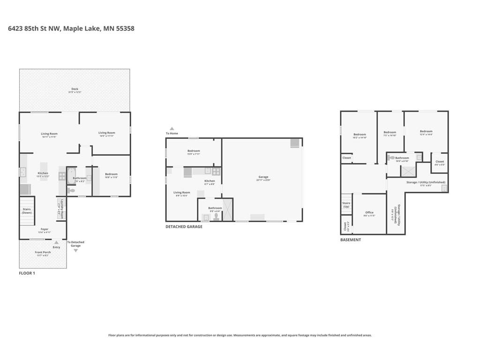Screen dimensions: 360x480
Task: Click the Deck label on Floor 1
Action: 75,89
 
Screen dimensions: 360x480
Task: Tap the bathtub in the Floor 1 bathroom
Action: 70,178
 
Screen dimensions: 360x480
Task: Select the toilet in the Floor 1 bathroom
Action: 71,190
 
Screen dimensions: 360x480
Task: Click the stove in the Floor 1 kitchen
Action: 62,176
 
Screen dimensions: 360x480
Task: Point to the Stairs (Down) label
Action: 27,211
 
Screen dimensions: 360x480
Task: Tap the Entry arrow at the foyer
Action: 56,242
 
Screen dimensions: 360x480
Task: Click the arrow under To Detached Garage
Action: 75,251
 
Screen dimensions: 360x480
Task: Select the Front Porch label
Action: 43,253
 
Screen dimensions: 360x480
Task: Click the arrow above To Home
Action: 172,128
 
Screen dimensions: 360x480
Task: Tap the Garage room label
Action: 263,177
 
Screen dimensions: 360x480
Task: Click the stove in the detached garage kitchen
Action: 216,171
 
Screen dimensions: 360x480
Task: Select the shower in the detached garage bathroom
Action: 227,210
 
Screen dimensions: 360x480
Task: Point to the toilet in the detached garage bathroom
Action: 216,217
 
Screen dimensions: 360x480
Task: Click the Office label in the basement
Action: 369,212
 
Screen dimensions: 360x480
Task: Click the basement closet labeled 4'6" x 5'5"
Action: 439,162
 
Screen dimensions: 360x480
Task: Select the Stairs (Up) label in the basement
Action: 346,205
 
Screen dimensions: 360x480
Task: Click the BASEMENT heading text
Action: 350,240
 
